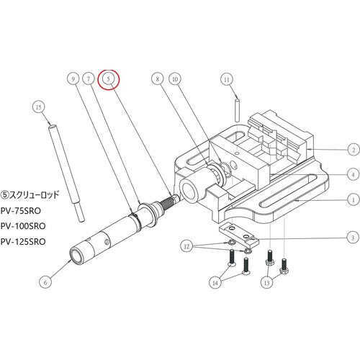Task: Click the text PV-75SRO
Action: click(24, 210)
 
